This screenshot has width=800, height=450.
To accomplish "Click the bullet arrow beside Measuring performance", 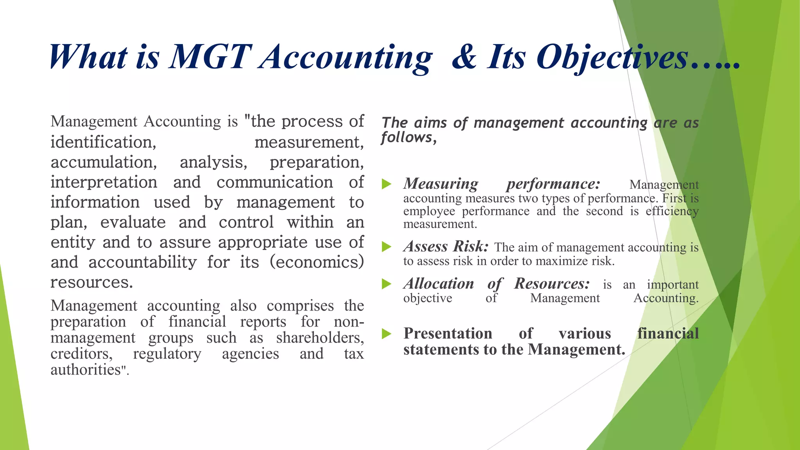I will click(386, 184).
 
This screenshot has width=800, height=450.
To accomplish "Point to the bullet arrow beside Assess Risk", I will click(386, 246).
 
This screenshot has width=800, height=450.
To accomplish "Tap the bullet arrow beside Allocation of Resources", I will click(386, 284).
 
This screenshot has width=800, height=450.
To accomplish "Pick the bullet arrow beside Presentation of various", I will click(386, 334).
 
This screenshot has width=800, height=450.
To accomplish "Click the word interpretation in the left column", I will click(104, 182).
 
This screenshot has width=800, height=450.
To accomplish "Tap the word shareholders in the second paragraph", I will click(320, 337).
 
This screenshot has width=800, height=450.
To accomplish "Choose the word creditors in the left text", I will click(81, 354).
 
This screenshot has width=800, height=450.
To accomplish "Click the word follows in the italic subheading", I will click(408, 137).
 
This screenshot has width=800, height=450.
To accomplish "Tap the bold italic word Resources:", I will click(552, 284).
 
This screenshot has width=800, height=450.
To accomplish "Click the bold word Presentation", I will click(448, 334).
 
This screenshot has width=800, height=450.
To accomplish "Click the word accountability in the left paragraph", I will click(143, 262).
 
